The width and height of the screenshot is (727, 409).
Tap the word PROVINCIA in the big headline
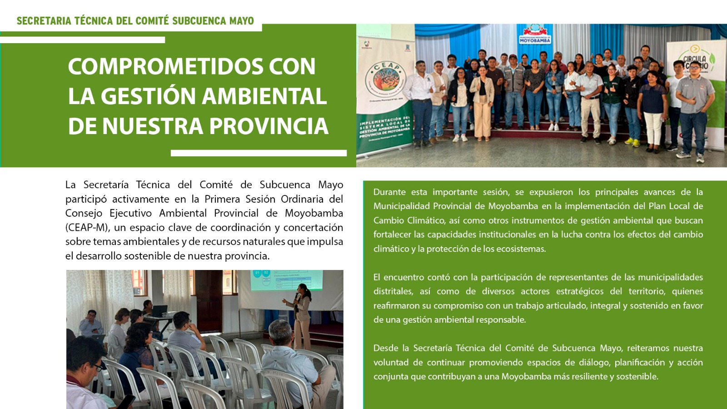click(x=269, y=125)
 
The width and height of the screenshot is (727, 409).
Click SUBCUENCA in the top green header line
click(x=199, y=21)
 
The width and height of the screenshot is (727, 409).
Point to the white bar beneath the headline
click(x=259, y=153)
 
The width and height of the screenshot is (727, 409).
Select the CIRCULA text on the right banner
click(x=695, y=59)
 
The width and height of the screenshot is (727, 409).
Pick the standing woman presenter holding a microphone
click(x=301, y=316)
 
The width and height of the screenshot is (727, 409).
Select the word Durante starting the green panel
click(x=389, y=192)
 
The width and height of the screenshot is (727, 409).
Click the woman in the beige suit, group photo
click(x=482, y=104)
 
